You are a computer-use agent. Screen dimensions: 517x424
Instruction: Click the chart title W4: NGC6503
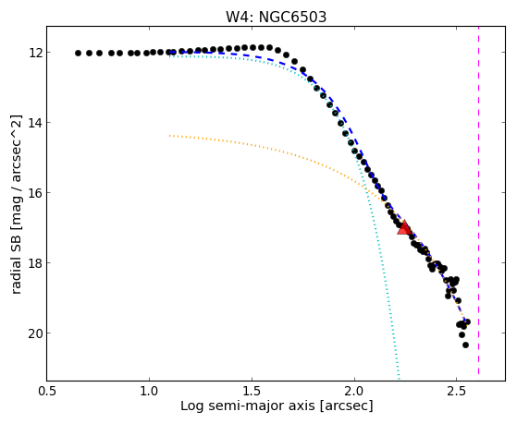(x=276, y=17)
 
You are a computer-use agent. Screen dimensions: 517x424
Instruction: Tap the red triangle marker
(x=404, y=227)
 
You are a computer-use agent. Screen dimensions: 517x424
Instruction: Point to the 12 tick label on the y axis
(x=35, y=53)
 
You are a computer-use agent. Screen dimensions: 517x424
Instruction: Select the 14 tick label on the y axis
(x=35, y=123)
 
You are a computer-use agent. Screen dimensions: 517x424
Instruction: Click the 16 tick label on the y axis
(x=35, y=193)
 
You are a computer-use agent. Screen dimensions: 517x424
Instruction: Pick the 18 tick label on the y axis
(x=35, y=263)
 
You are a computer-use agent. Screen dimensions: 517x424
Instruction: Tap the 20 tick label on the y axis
(x=35, y=333)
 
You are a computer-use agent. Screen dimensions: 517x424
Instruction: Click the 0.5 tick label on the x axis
(x=47, y=391)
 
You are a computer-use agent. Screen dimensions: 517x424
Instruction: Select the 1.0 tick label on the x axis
(x=149, y=391)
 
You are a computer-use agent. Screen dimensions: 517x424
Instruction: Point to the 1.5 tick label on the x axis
(x=252, y=391)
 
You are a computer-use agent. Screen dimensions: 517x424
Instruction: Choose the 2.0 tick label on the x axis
(x=354, y=391)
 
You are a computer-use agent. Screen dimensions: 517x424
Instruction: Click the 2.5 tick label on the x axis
(x=456, y=391)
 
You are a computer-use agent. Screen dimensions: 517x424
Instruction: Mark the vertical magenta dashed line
(x=478, y=201)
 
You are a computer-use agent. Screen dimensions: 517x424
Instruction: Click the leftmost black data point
(x=78, y=53)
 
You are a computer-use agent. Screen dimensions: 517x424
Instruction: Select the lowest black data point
(x=465, y=345)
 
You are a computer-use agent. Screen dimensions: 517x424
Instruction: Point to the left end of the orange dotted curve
(x=169, y=136)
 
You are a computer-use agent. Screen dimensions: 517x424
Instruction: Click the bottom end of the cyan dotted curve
(x=399, y=379)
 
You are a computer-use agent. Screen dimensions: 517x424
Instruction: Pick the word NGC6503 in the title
(x=292, y=17)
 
